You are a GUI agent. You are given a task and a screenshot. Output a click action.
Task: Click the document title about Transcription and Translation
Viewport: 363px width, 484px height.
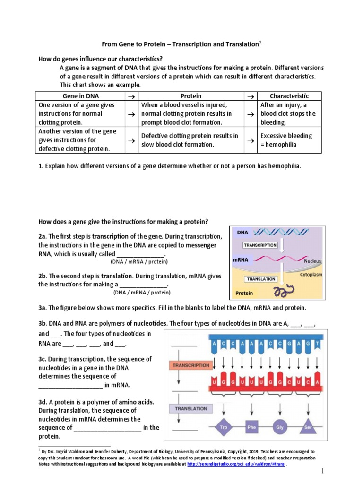pyautogui.click(x=181, y=44)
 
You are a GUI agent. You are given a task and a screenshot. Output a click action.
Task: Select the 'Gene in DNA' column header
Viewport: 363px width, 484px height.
pyautogui.click(x=79, y=96)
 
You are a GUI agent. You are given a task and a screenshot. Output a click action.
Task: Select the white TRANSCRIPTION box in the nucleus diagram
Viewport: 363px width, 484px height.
pyautogui.click(x=260, y=245)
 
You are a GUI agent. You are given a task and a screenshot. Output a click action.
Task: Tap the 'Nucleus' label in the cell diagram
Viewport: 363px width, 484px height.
pyautogui.click(x=312, y=260)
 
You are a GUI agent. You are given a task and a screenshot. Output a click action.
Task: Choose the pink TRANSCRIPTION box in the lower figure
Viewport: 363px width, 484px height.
pyautogui.click(x=191, y=365)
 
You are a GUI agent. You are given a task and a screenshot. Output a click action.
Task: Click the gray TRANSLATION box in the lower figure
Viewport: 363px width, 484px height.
pyautogui.click(x=191, y=408)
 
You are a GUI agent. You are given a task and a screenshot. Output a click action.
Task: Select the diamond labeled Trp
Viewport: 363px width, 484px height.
pyautogui.click(x=224, y=427)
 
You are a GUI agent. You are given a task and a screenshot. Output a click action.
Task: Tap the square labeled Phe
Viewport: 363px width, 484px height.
pyautogui.click(x=251, y=427)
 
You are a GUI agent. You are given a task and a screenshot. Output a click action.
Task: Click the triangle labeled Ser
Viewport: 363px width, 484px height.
pyautogui.click(x=308, y=428)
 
